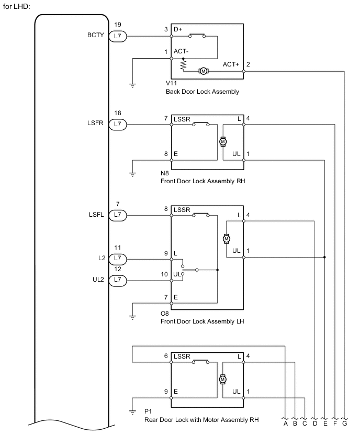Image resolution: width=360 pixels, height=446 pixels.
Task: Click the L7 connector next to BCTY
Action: point(117,37)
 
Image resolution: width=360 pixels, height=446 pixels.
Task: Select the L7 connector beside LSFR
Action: point(117,124)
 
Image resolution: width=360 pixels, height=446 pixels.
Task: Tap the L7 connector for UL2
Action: point(117,280)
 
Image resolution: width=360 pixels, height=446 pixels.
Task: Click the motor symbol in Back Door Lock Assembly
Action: point(203,71)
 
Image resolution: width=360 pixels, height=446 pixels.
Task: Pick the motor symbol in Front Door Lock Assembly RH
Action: point(223,141)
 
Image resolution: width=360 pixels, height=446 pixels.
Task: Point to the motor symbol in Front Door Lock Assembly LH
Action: point(227,238)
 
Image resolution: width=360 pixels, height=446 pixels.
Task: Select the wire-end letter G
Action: point(344,424)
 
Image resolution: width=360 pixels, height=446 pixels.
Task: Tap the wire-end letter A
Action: point(286,424)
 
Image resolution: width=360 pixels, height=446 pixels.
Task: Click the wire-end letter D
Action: point(314,424)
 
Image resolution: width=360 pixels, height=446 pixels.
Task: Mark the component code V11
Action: point(171,84)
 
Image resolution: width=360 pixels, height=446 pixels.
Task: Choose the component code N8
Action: point(165,172)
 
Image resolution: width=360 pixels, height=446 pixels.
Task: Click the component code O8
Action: point(165,313)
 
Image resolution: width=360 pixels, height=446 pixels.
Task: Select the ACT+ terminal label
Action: point(231,64)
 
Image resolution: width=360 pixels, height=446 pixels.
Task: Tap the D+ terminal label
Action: point(178,29)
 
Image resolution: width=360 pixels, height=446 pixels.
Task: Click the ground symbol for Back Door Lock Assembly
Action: point(132,85)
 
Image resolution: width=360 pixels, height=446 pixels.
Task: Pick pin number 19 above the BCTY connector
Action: point(117,25)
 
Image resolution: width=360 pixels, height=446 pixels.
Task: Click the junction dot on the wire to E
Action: point(325,257)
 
